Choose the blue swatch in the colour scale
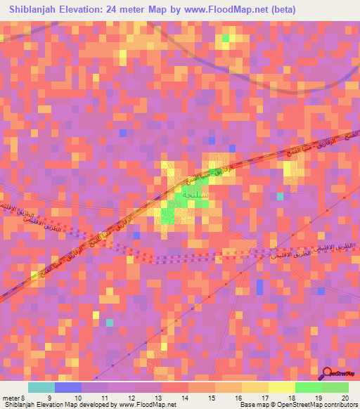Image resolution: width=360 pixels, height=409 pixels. pyautogui.click(x=68, y=387)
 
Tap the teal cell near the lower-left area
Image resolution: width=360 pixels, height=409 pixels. pyautogui.click(x=109, y=323)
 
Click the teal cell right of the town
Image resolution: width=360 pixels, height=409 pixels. pyautogui.click(x=281, y=196)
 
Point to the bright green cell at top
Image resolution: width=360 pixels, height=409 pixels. pyautogui.click(x=225, y=38)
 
